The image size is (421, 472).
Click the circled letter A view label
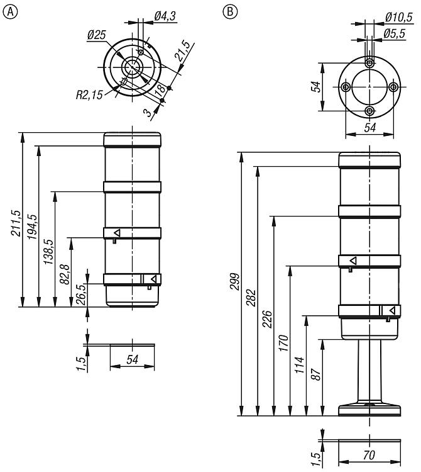coord(10,12)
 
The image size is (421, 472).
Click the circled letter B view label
coord(230,12)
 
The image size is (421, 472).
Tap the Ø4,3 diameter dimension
coord(165,16)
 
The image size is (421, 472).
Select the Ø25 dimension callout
coord(97,35)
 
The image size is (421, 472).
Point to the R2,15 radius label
coord(89,95)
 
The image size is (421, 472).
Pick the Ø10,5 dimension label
coord(399,17)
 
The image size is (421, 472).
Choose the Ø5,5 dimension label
coord(394,33)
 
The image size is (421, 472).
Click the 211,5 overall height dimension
coord(16,223)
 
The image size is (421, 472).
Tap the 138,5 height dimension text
coord(48,252)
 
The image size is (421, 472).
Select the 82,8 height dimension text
coord(65,274)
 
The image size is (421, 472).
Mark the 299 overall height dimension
coord(234,281)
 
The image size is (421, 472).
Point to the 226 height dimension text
coord(267,319)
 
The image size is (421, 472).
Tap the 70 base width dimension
coord(369,455)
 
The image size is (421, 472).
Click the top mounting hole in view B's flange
coord(369,63)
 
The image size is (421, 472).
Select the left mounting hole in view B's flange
coord(346,87)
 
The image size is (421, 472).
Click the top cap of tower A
coord(132,140)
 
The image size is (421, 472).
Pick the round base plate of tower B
coord(369,410)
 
